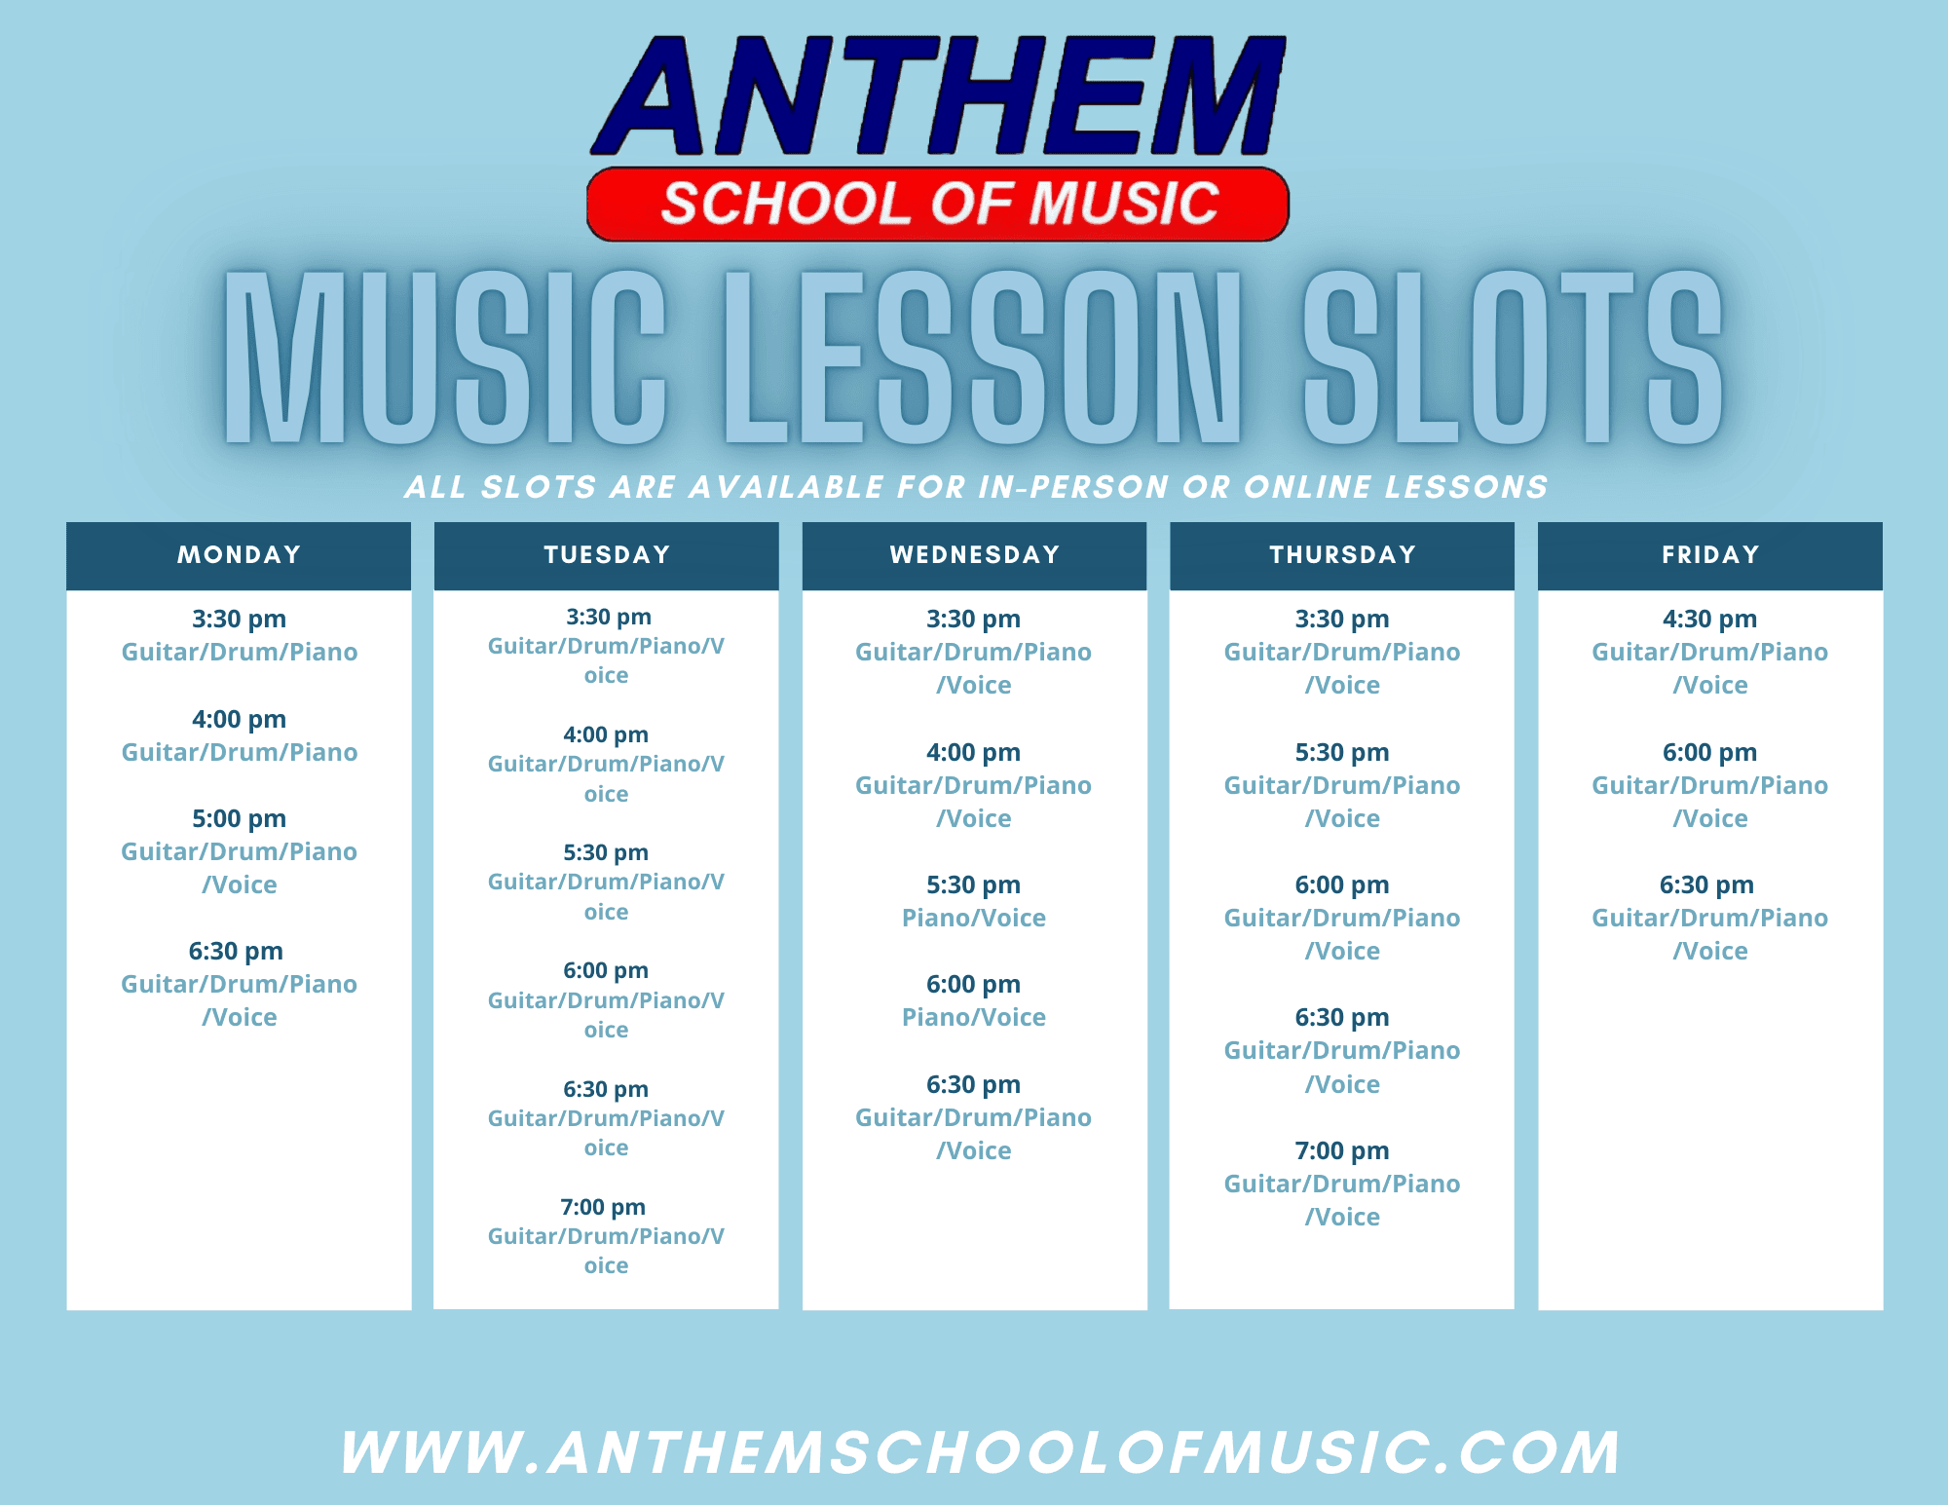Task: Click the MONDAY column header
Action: click(x=239, y=555)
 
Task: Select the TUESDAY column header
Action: click(x=607, y=555)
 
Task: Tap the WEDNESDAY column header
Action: click(x=974, y=555)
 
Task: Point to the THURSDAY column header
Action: click(x=1342, y=555)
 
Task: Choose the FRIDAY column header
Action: click(x=1710, y=555)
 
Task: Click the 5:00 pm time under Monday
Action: click(x=239, y=818)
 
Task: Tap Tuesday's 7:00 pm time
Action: click(x=603, y=1207)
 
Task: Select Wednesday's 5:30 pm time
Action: click(x=973, y=884)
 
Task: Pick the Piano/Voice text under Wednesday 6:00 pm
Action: click(x=973, y=1017)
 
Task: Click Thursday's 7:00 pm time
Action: click(x=1341, y=1150)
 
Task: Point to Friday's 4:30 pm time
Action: click(x=1709, y=619)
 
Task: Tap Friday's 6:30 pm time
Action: click(x=1706, y=884)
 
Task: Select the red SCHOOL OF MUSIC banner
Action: click(x=938, y=204)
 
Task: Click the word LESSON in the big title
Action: click(x=984, y=358)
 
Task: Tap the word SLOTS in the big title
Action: click(x=1513, y=358)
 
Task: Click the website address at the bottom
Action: click(x=979, y=1452)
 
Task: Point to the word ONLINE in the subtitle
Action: click(x=1308, y=487)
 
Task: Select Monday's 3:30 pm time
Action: click(x=239, y=619)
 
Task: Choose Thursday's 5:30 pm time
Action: click(x=1341, y=752)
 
